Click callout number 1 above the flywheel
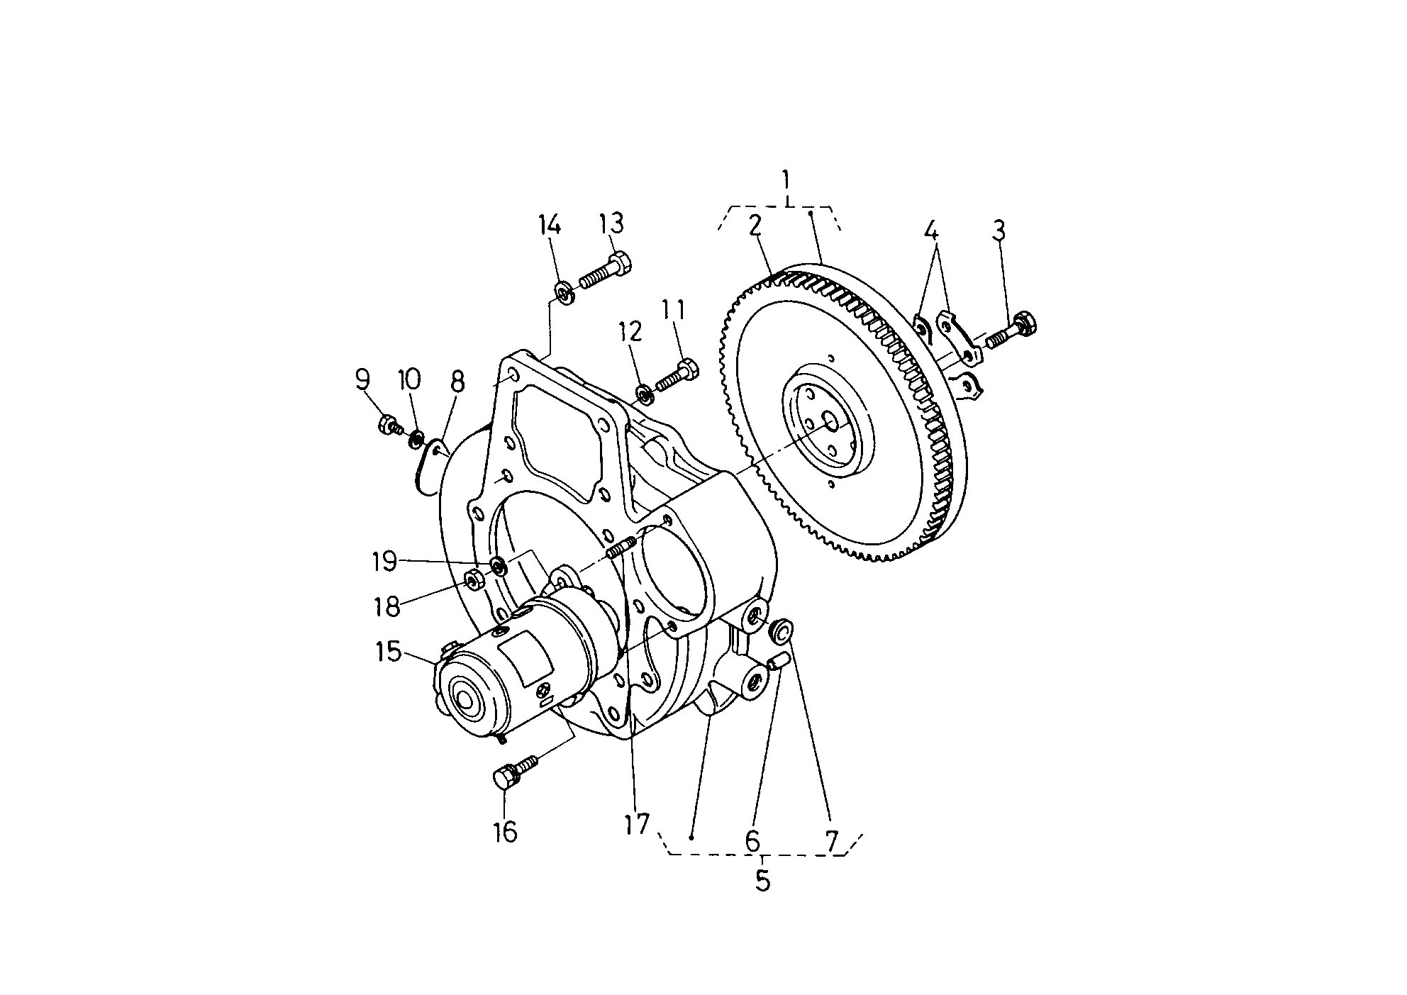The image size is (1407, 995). [x=786, y=181]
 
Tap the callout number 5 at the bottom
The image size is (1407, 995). [x=762, y=880]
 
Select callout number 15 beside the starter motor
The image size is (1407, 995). [x=389, y=652]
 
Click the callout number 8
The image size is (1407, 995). [x=457, y=382]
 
